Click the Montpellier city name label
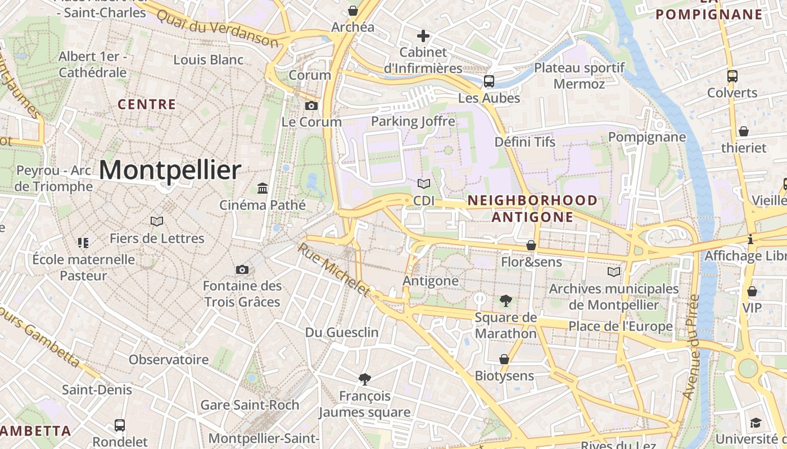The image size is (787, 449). pyautogui.click(x=170, y=170)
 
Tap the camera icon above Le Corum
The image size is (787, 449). pyautogui.click(x=311, y=106)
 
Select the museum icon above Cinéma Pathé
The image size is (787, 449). pyautogui.click(x=263, y=188)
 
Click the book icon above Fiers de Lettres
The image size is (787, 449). pyautogui.click(x=157, y=222)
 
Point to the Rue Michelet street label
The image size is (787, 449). pyautogui.click(x=334, y=269)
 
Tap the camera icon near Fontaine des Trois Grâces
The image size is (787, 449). pyautogui.click(x=242, y=270)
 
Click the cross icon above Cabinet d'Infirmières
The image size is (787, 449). pyautogui.click(x=423, y=36)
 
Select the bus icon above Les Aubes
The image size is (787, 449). pyautogui.click(x=489, y=81)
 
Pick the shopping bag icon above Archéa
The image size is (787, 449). pyautogui.click(x=352, y=11)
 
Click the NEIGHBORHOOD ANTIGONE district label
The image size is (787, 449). pyautogui.click(x=532, y=208)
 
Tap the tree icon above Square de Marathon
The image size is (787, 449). pyautogui.click(x=505, y=301)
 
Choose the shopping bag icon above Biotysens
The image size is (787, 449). pyautogui.click(x=504, y=359)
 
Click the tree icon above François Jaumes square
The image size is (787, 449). pyautogui.click(x=364, y=379)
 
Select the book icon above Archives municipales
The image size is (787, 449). pyautogui.click(x=614, y=272)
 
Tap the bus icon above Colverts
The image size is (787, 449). pyautogui.click(x=732, y=76)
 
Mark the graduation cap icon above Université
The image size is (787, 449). pyautogui.click(x=756, y=423)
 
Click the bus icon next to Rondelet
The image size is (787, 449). pyautogui.click(x=120, y=425)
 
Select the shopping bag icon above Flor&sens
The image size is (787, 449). pyautogui.click(x=531, y=245)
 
